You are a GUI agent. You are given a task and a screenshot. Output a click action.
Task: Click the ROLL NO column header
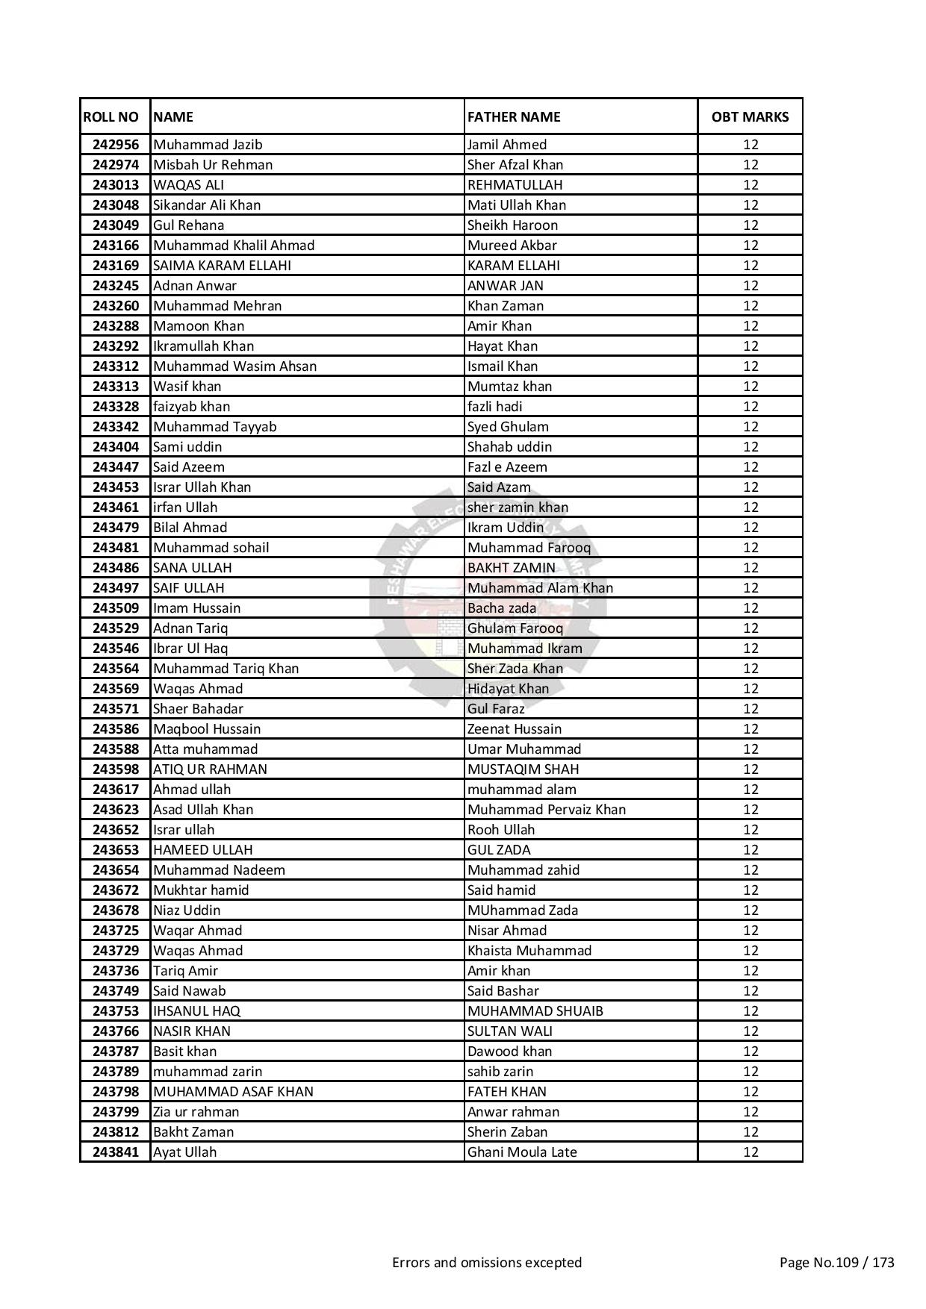click(x=111, y=116)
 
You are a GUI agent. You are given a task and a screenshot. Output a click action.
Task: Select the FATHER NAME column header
click(x=513, y=116)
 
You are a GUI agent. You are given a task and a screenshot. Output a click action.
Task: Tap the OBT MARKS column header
click(x=750, y=116)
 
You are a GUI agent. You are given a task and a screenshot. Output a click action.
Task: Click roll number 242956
click(x=116, y=145)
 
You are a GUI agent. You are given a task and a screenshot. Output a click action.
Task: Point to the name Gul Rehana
click(x=188, y=225)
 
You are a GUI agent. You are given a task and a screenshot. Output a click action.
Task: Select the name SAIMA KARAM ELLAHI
click(x=222, y=266)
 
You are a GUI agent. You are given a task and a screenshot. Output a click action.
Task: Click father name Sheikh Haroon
click(x=512, y=225)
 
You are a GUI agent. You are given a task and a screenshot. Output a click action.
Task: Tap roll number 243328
click(x=116, y=407)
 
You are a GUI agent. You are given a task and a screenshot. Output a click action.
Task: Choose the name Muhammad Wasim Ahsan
click(x=234, y=366)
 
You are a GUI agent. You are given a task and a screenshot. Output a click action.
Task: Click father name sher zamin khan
click(x=518, y=507)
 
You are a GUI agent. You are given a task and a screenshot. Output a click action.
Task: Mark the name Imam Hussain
click(x=196, y=608)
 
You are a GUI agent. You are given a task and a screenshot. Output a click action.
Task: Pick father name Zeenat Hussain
click(x=515, y=729)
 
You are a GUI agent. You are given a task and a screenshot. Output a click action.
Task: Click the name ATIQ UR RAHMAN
click(x=210, y=769)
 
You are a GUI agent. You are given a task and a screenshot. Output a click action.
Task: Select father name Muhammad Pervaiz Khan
click(x=547, y=810)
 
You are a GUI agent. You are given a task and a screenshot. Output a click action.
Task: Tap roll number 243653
click(x=116, y=850)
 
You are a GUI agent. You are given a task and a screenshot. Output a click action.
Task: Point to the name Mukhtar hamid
click(x=201, y=890)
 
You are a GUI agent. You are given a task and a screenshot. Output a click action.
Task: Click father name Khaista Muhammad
click(x=529, y=951)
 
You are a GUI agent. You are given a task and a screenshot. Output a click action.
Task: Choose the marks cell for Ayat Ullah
click(x=750, y=1152)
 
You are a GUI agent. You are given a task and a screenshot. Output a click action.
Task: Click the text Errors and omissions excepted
click(x=487, y=1263)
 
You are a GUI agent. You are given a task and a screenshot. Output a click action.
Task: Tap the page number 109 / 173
click(x=836, y=1263)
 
